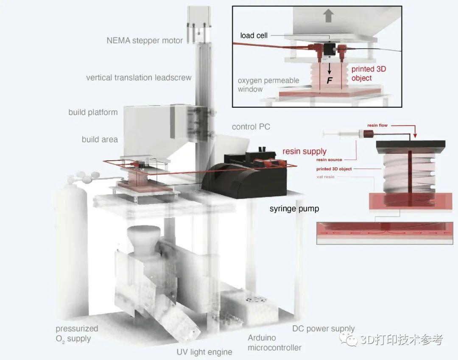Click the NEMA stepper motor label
point(145,41)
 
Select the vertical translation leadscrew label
point(139,78)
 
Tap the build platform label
point(93,112)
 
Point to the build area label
point(100,139)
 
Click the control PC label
point(251,127)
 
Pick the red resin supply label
point(304,151)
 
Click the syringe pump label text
point(294,209)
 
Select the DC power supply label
point(323,329)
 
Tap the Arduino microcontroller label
point(274,343)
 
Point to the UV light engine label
point(204,352)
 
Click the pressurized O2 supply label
point(77,333)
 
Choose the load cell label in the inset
point(254,36)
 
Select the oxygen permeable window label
point(268,85)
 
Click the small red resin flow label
point(377,126)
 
